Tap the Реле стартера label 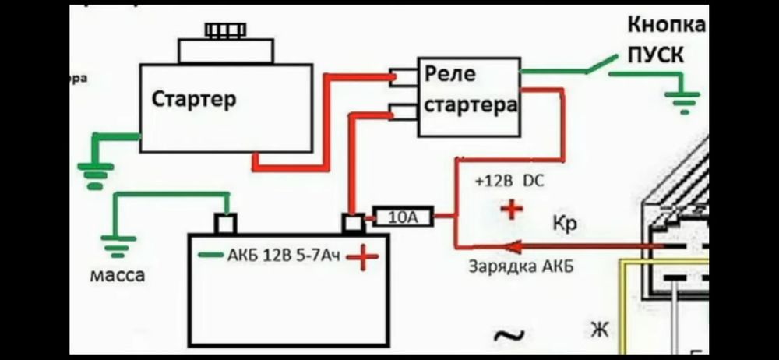(470, 90)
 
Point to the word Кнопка (666, 25)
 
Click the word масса (117, 275)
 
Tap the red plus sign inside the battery (362, 256)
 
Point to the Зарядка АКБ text (521, 266)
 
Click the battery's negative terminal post (225, 224)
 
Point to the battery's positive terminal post (354, 224)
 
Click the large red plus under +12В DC (511, 209)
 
